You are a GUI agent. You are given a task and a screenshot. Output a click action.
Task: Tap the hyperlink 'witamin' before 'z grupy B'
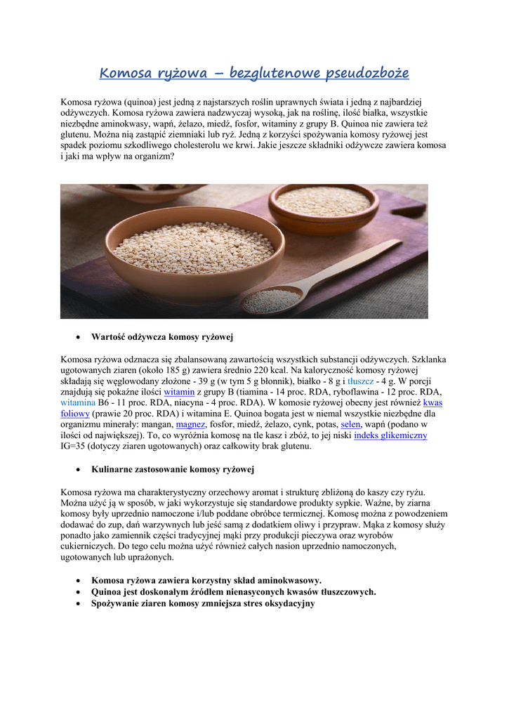click(179, 392)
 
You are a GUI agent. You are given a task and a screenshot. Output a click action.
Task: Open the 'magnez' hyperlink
click(190, 425)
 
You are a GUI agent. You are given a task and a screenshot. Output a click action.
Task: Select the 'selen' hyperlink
click(350, 425)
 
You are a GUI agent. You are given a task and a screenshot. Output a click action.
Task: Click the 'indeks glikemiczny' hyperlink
click(390, 435)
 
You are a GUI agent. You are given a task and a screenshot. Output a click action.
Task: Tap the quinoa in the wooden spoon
click(270, 301)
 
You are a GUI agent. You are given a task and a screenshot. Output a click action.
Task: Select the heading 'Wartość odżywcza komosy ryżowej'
click(161, 337)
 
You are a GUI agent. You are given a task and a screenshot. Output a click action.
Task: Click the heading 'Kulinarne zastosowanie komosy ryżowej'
click(172, 469)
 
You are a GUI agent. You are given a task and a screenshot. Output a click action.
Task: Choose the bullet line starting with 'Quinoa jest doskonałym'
click(233, 592)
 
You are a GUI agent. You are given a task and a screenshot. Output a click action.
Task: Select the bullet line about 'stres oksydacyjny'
click(202, 603)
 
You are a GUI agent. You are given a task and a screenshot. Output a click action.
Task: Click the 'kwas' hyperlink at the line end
click(432, 403)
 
